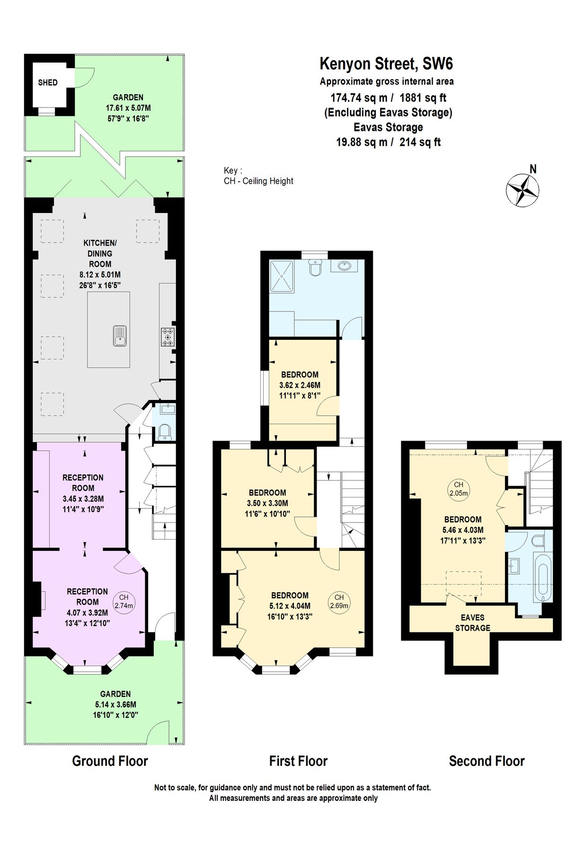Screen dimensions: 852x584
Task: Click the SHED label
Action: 48,82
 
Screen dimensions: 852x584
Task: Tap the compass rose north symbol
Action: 522,189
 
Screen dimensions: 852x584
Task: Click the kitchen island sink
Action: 120,336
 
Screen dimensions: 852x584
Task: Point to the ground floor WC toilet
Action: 165,432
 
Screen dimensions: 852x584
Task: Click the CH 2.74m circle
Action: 124,601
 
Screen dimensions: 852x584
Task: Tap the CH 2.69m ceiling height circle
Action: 339,601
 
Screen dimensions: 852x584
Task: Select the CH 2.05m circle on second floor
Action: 458,488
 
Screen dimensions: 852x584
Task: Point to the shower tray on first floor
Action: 282,275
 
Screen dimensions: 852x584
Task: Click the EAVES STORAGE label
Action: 472,622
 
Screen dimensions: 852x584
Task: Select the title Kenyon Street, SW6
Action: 386,63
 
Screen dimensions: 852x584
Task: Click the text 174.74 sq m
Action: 359,98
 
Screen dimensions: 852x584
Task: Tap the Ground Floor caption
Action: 110,761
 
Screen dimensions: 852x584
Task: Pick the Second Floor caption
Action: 487,761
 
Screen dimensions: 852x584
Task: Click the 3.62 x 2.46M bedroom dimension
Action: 300,385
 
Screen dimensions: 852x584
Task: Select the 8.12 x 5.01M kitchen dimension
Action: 100,275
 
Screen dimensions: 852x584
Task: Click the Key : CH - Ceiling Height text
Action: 258,176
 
